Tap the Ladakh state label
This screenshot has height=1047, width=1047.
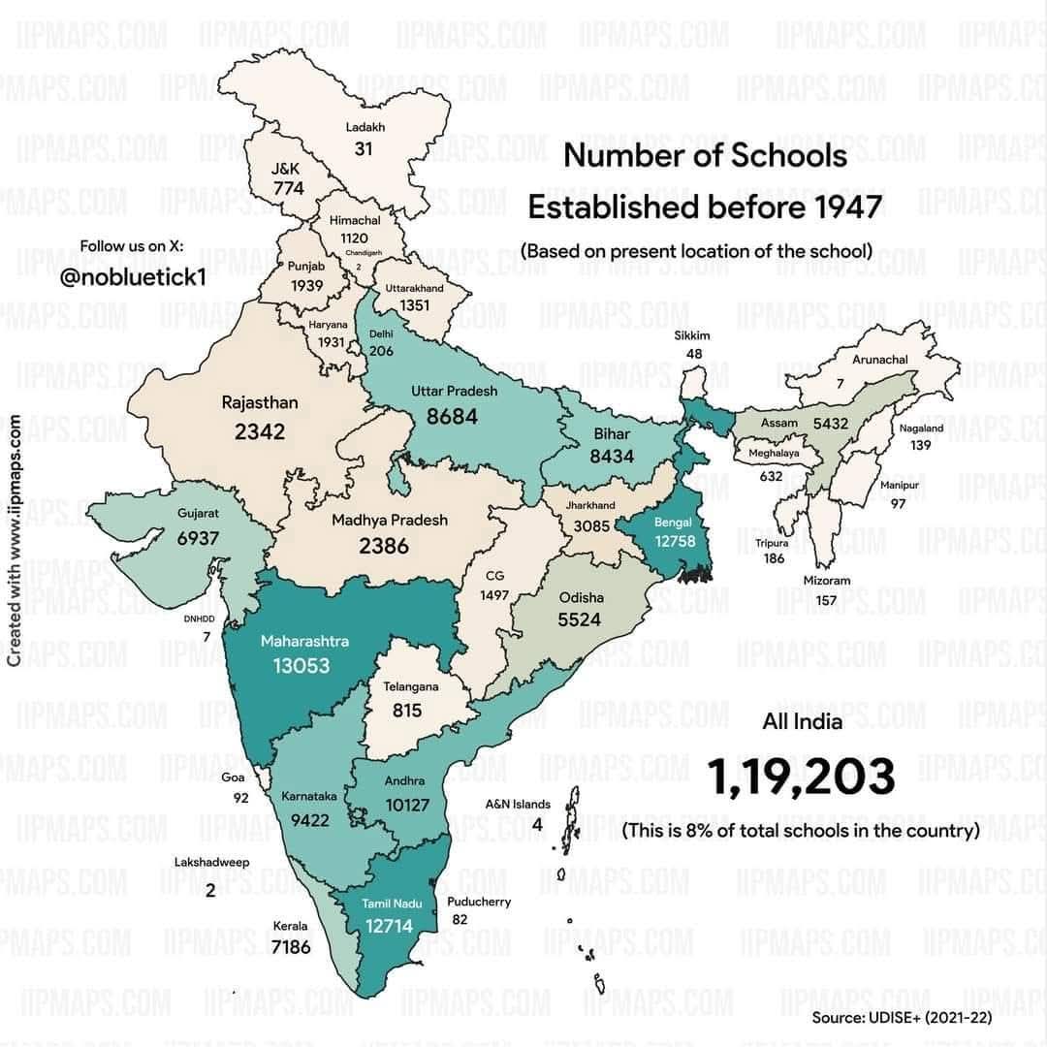point(365,127)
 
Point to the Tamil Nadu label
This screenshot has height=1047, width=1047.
point(389,904)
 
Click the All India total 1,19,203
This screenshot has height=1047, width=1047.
point(800,778)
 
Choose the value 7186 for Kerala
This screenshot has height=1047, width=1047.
point(291,946)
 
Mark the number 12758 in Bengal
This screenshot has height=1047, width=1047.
point(675,541)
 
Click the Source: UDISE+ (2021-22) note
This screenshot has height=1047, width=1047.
point(902,1018)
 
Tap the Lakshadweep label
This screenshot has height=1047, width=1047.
point(211,862)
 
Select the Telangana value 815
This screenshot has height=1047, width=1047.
point(407,711)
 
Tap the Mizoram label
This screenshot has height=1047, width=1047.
point(826,581)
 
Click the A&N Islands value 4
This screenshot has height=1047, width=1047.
point(536,825)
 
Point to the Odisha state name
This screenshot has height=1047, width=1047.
point(581,597)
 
